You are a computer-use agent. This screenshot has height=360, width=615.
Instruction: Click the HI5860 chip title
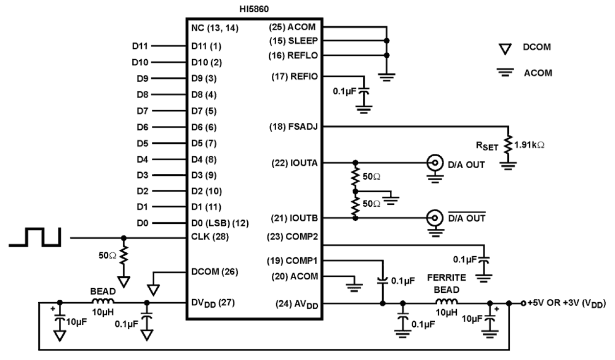tap(253, 9)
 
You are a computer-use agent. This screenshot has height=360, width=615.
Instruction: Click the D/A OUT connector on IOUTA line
tap(433, 163)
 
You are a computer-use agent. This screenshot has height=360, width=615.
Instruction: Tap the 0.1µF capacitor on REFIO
tap(363, 92)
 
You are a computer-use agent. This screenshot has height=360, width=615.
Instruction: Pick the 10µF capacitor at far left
tap(60, 320)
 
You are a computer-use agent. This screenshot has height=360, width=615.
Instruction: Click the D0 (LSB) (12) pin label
tap(220, 223)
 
